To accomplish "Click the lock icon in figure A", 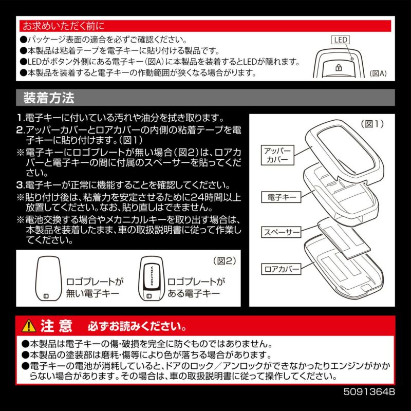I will coord(339,67).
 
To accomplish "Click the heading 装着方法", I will coord(49,97).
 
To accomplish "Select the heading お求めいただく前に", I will coord(62,25).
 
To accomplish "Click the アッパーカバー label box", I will coord(278,155).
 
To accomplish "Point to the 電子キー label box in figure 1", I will coord(277,197).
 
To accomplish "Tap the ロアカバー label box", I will coord(278,268).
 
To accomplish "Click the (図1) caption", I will coord(371,124).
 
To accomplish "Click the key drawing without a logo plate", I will coord(49,277).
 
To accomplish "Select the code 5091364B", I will coord(369,391).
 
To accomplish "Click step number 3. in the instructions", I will coord(20,185).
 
